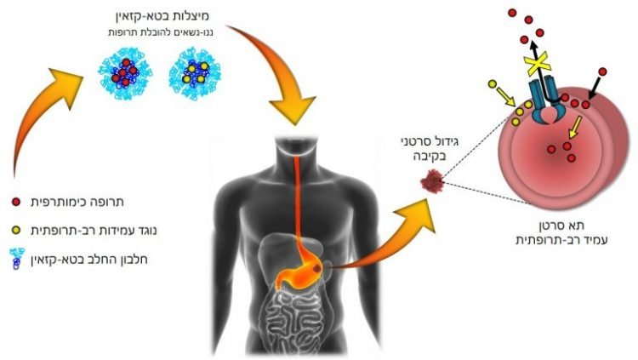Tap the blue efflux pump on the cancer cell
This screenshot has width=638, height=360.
[545, 94]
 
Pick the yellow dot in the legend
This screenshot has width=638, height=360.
[19, 231]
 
